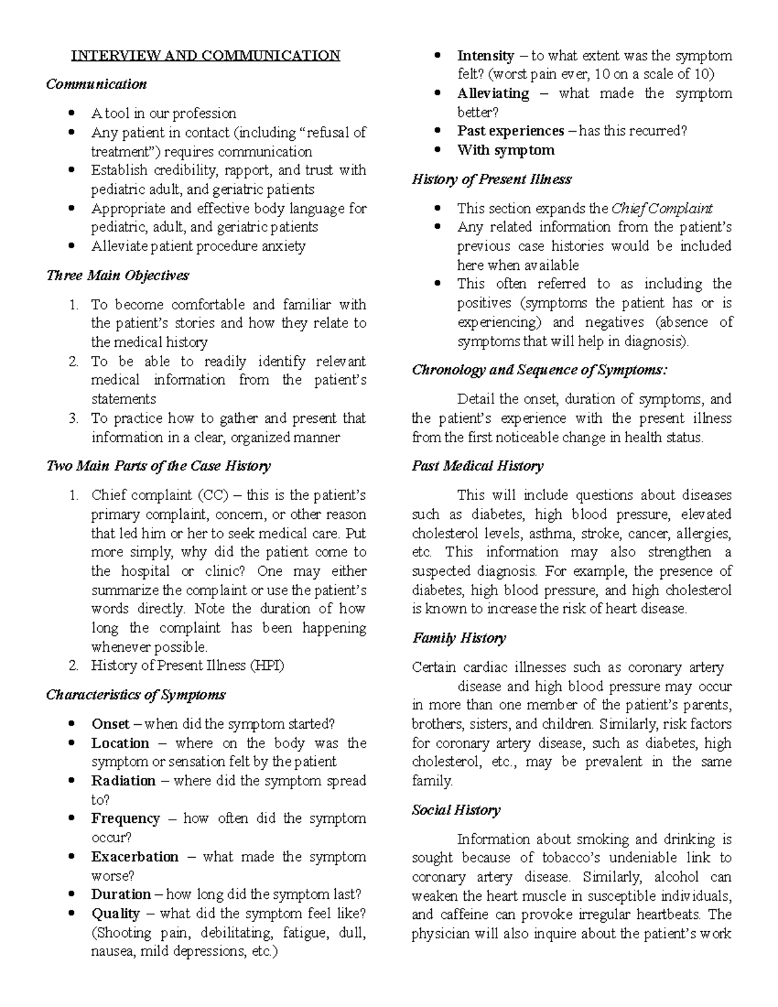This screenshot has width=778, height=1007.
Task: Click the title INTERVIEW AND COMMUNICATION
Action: click(x=206, y=55)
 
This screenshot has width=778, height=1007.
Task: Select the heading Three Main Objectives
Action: click(x=117, y=276)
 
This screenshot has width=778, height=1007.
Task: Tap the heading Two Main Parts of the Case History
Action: click(x=158, y=466)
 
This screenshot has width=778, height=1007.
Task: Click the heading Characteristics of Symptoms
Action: click(x=136, y=695)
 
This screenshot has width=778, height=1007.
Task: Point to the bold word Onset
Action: click(x=110, y=724)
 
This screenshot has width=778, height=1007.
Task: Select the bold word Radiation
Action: click(x=123, y=781)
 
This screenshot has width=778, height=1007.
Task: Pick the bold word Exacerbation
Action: click(x=134, y=857)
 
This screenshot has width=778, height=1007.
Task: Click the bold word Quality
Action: click(x=115, y=914)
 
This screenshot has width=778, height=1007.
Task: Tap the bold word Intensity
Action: click(x=485, y=56)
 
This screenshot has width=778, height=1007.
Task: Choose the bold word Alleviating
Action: click(x=493, y=94)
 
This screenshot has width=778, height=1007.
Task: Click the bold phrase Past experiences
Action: click(x=510, y=131)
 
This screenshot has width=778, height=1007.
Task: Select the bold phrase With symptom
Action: click(x=506, y=150)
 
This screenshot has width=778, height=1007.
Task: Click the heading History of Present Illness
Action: click(x=491, y=180)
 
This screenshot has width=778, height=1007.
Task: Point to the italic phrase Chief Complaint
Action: click(x=661, y=209)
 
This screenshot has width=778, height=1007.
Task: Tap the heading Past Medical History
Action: click(x=478, y=466)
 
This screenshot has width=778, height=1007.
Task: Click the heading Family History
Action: click(x=459, y=638)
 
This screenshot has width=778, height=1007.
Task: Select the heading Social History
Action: click(x=456, y=811)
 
